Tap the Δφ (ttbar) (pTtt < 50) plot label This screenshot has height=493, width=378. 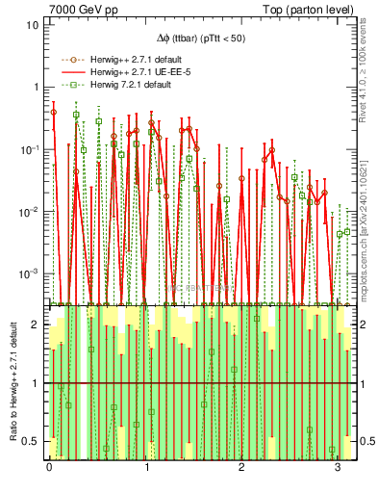click(201, 39)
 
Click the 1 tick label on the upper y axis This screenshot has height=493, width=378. click(35, 87)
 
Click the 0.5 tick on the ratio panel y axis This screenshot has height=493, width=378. click(30, 441)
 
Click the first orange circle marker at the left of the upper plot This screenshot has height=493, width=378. click(53, 112)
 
